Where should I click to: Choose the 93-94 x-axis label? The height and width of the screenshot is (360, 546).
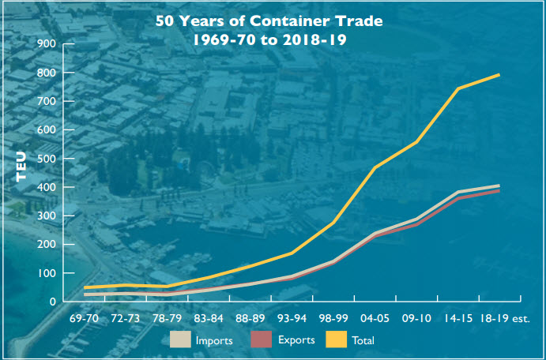click(x=292, y=320)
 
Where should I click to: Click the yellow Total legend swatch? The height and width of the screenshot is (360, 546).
click(x=338, y=340)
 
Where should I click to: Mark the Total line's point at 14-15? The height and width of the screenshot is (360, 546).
click(x=458, y=88)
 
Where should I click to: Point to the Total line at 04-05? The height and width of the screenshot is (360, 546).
click(x=375, y=167)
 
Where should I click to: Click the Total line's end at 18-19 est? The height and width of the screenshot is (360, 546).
click(x=498, y=75)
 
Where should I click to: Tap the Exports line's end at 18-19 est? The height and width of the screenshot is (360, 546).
click(x=498, y=191)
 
